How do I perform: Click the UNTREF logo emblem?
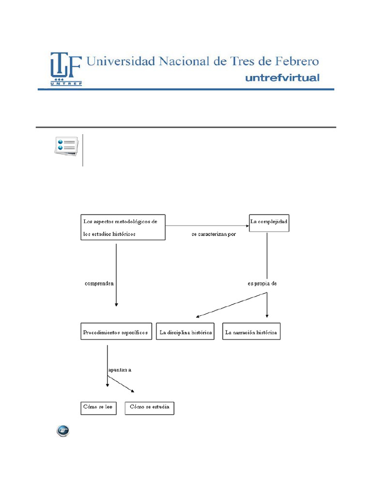click(65, 69)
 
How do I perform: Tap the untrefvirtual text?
click(283, 77)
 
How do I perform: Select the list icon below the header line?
click(65, 145)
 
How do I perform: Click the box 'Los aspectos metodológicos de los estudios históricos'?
click(123, 227)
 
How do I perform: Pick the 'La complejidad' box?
click(269, 222)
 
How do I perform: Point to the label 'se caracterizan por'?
click(214, 235)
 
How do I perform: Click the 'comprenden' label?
click(100, 284)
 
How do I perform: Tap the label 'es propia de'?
click(262, 284)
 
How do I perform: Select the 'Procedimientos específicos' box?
click(116, 333)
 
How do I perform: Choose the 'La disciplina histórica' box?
click(186, 333)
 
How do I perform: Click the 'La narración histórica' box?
click(251, 333)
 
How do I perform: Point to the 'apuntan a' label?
click(120, 370)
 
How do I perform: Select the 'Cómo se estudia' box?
click(149, 407)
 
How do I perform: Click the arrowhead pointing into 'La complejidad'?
click(246, 225)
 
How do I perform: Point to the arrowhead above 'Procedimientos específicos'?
click(116, 304)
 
